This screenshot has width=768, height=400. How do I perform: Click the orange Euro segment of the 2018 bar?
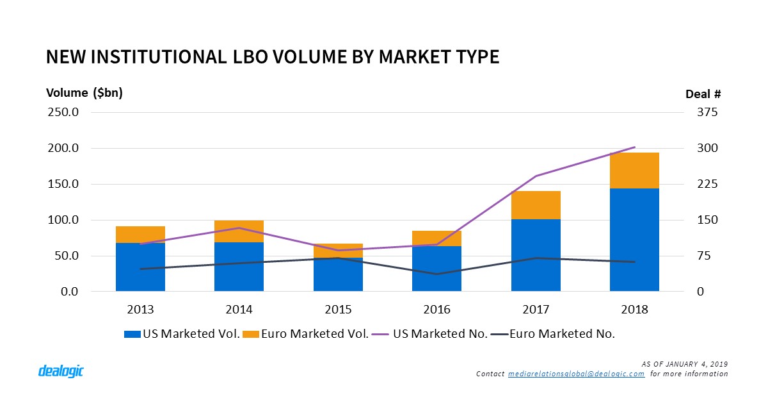(x=634, y=171)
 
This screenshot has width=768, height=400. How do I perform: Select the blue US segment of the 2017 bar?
(x=536, y=255)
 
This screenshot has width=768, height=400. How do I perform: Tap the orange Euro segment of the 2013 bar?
(x=140, y=235)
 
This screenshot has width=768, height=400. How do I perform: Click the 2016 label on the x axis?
(x=437, y=310)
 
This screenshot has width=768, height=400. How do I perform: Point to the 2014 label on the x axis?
(x=239, y=310)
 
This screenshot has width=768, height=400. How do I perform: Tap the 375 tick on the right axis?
(x=708, y=112)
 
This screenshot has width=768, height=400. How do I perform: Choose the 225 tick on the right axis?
(x=708, y=184)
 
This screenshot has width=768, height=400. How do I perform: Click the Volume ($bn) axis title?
(x=84, y=93)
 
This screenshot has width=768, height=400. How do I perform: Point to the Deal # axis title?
(x=703, y=94)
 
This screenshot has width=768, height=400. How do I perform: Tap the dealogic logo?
(x=61, y=371)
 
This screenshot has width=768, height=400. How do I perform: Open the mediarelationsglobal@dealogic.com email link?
(x=575, y=374)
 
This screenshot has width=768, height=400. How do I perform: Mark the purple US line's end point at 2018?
(x=634, y=147)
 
